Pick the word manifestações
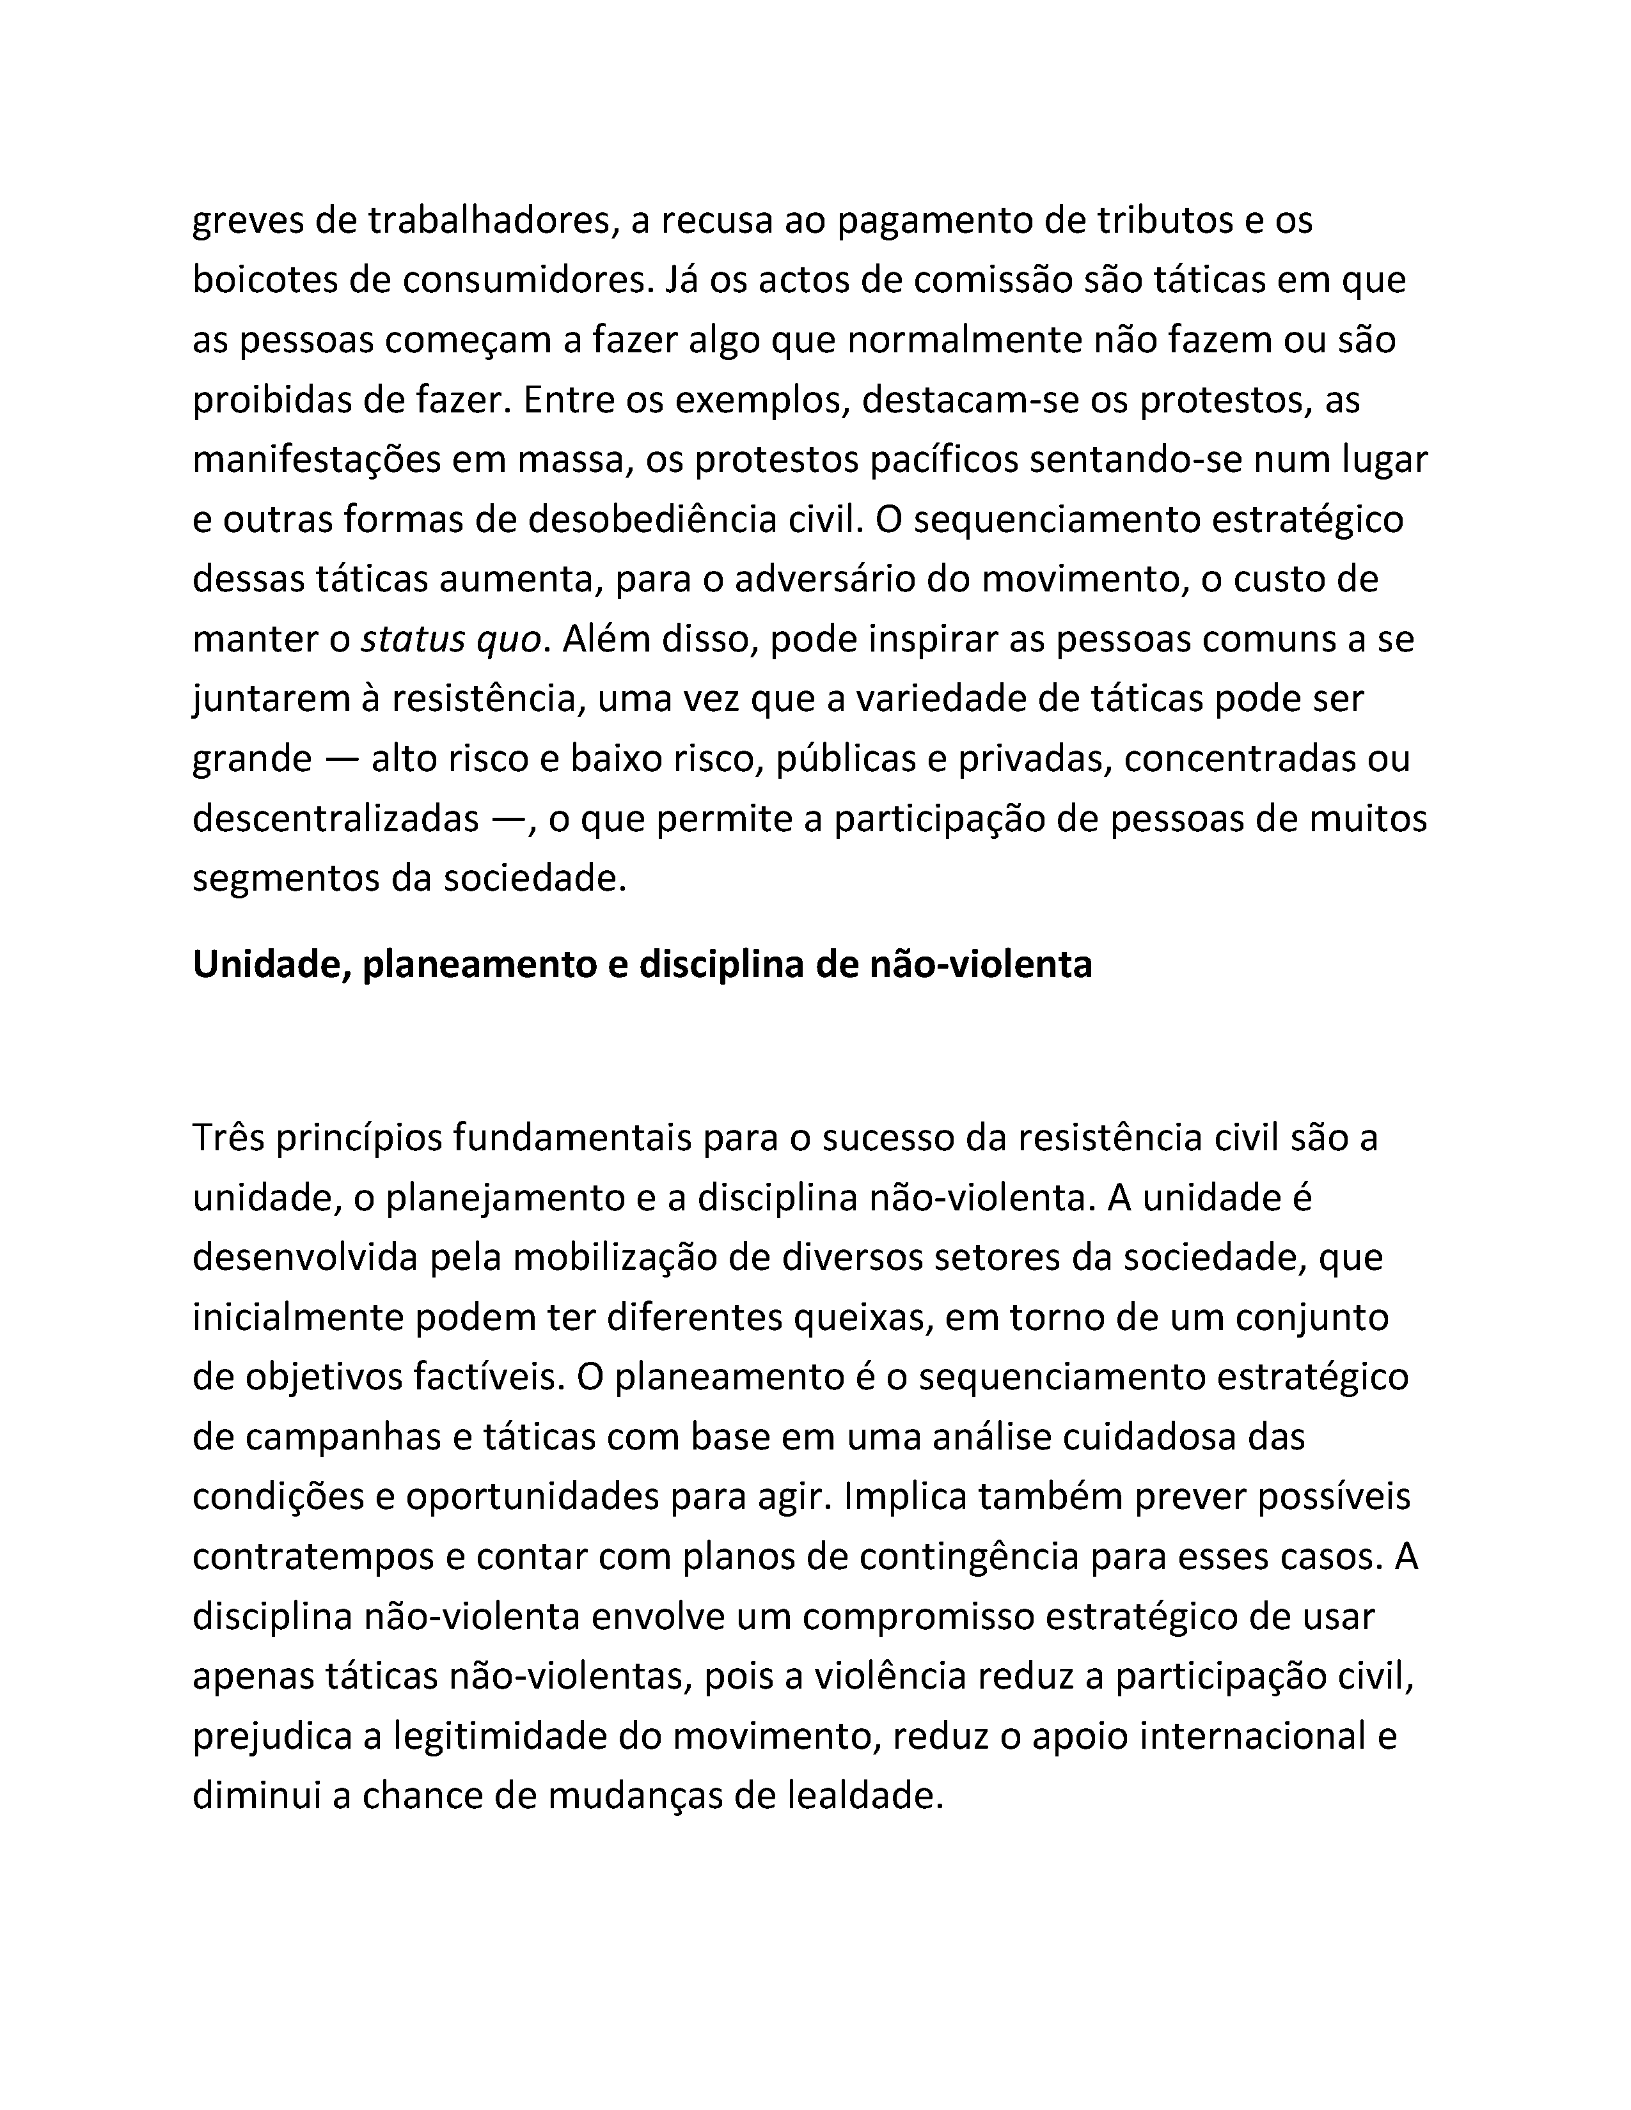pyautogui.click(x=315, y=461)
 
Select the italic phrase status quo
pyautogui.click(x=450, y=641)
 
